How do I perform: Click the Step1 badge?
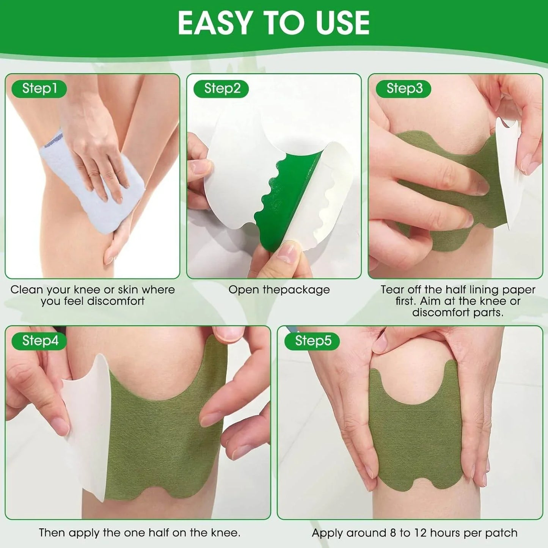tap(39, 89)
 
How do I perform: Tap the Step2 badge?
tap(222, 89)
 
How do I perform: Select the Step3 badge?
tap(404, 89)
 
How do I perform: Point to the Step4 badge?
tap(40, 341)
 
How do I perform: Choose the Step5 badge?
tap(313, 341)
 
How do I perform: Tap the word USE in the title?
tap(342, 24)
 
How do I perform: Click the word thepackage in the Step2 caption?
tap(296, 290)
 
